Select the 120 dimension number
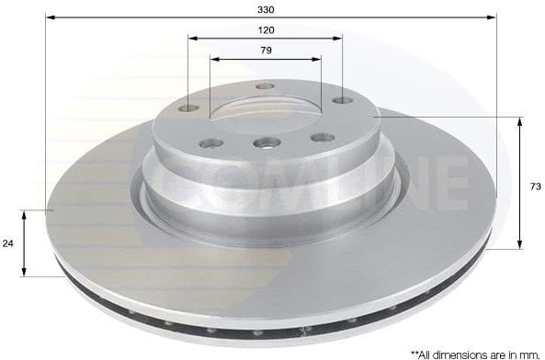(266, 29)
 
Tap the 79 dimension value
(266, 51)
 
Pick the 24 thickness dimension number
(9, 244)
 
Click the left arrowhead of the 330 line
(50, 17)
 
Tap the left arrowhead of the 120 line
(191, 39)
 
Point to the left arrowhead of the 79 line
(213, 60)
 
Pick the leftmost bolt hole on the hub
(188, 108)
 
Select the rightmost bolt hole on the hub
(342, 100)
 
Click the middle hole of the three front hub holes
(267, 142)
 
